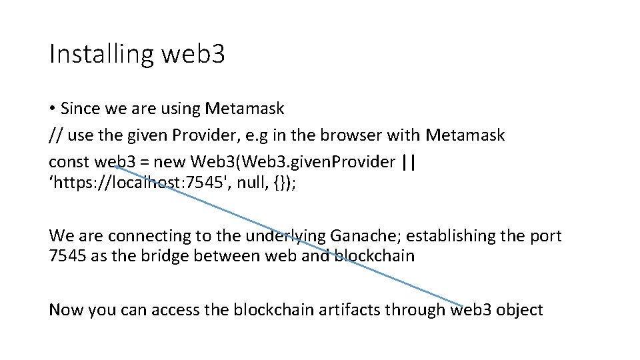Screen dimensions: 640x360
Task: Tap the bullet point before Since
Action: pos(52,109)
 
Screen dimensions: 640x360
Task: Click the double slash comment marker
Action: pos(55,136)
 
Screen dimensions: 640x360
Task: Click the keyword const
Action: pos(69,163)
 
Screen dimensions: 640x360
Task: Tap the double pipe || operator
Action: pos(409,163)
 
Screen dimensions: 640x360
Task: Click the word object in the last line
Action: pos(522,311)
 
